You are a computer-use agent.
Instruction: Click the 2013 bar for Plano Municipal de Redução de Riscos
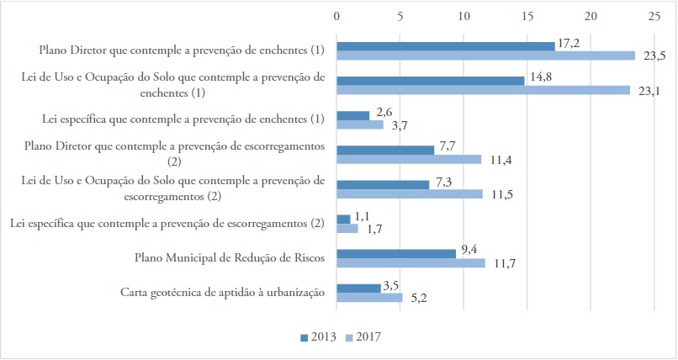(396, 253)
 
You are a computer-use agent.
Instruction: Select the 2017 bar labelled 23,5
(485, 56)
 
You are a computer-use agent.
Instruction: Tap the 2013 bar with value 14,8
(430, 80)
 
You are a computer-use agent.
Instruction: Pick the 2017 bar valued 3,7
(360, 124)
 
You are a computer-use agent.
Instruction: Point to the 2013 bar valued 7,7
(385, 150)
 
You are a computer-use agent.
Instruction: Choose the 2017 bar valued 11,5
(410, 193)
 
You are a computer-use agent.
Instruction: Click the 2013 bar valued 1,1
(343, 219)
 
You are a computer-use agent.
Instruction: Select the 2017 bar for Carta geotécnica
(369, 297)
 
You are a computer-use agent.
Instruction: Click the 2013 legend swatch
(305, 337)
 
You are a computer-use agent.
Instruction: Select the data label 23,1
(647, 91)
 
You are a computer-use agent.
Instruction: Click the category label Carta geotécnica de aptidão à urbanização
(223, 293)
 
